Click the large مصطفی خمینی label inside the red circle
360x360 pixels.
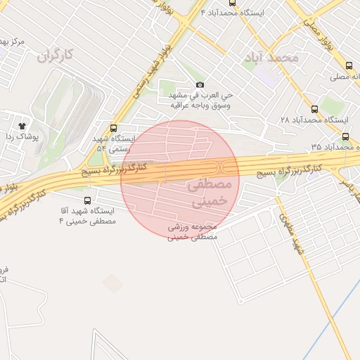pos(209,192)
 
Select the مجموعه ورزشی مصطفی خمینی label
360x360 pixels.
pos(193,232)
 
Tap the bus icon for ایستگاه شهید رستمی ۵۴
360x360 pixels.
pos(114,128)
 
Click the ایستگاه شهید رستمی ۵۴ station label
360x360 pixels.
pos(110,143)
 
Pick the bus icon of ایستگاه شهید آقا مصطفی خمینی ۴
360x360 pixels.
pos(86,200)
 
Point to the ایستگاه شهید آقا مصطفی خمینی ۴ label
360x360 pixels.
pos(88,216)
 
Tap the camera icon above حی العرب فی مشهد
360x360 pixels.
pos(200,84)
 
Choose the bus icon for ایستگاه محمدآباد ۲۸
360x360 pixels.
pos(314,109)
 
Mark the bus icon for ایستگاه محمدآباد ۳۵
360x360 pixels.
pos(346,136)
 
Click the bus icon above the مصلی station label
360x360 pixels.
pos(349,65)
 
